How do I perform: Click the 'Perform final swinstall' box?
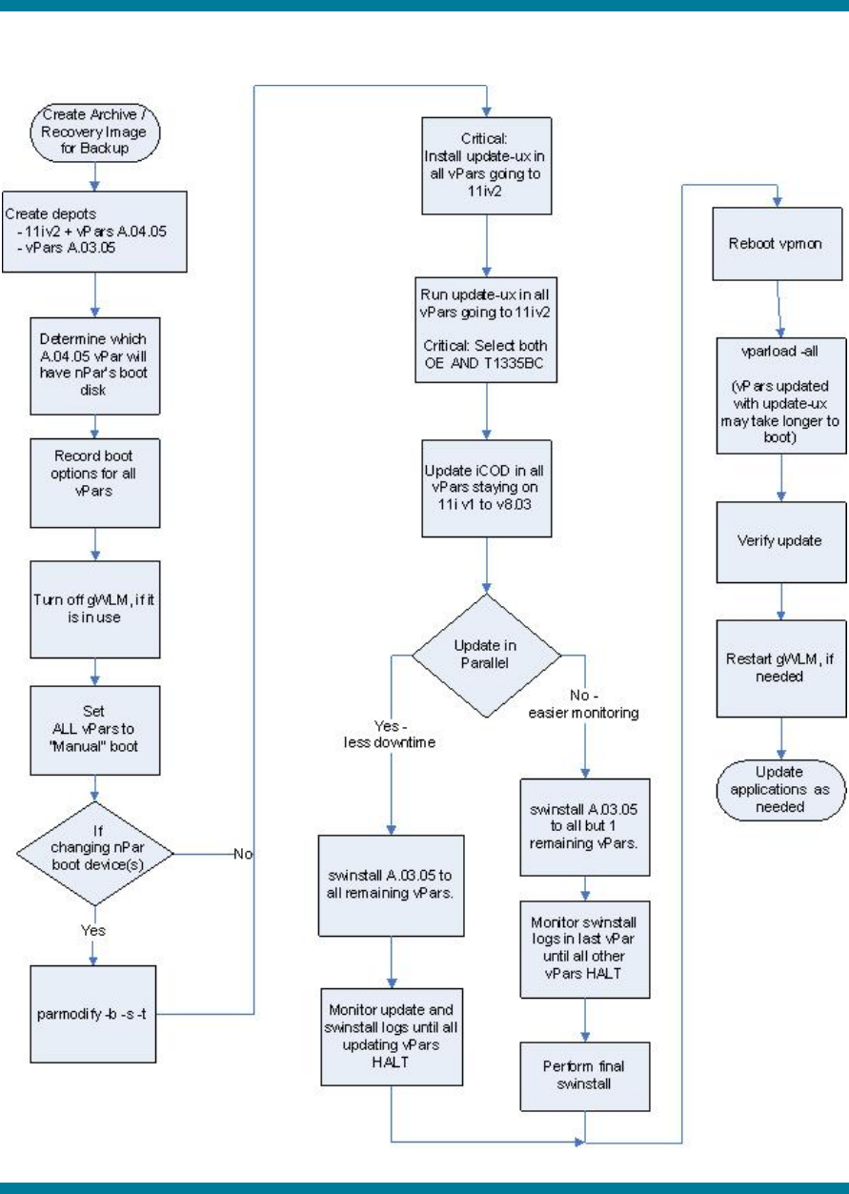click(584, 1076)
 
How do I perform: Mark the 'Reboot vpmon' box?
click(779, 244)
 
